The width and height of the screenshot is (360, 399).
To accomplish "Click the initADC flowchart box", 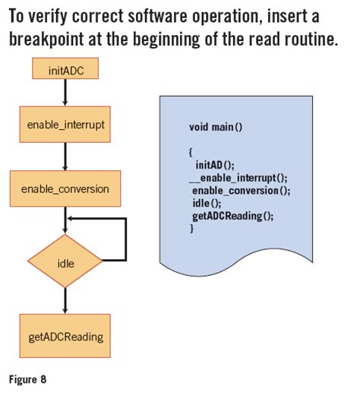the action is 65,68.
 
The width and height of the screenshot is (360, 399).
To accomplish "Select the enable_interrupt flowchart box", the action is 65,125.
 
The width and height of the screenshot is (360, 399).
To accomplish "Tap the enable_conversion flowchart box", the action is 65,188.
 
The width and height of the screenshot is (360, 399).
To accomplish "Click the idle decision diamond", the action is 65,261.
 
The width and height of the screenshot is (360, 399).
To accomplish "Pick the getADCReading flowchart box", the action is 65,336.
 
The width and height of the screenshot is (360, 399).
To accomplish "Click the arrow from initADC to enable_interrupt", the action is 65,93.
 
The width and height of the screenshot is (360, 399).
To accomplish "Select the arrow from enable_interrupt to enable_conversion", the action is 65,157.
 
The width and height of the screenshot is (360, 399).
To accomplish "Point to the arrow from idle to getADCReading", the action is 65,300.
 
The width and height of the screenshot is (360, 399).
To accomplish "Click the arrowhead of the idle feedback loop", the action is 70,219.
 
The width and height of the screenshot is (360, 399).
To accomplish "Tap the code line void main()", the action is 216,127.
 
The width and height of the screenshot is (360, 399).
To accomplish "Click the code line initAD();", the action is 215,165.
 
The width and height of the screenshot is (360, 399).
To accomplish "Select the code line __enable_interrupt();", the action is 238,178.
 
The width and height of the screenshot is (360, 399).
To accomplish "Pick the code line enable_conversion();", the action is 241,191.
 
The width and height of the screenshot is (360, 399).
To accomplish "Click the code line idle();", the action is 207,204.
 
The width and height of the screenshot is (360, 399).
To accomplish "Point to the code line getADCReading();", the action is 232,217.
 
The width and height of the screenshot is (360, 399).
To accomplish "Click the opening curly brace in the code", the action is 191,153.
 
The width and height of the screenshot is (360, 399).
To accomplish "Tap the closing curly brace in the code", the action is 191,228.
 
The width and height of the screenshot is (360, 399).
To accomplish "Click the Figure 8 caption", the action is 27,380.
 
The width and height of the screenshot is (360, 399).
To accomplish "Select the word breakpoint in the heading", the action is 46,40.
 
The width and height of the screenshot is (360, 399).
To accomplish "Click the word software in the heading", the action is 157,16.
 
